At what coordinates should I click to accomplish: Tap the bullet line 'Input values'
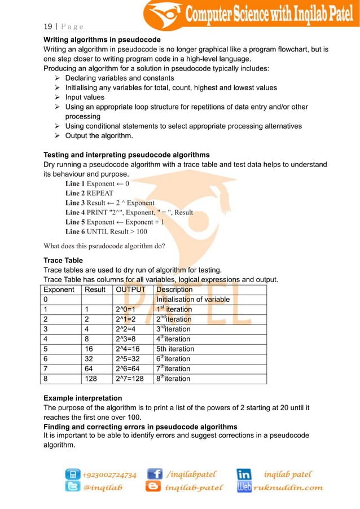point(85,97)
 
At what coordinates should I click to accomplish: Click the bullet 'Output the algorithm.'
point(99,135)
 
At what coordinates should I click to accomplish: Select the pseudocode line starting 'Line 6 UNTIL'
point(106,232)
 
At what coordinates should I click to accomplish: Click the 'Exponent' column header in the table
point(59,289)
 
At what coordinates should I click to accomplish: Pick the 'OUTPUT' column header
point(130,289)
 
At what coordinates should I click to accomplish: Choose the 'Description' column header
point(174,289)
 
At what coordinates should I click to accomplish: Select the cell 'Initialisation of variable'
point(193,300)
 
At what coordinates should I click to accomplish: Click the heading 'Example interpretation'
point(82,398)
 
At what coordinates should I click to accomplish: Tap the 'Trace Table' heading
point(63,261)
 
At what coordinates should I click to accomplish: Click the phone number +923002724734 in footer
point(109,475)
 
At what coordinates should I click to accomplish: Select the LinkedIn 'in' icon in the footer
point(244,475)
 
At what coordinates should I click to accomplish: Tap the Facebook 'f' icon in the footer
point(155,475)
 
